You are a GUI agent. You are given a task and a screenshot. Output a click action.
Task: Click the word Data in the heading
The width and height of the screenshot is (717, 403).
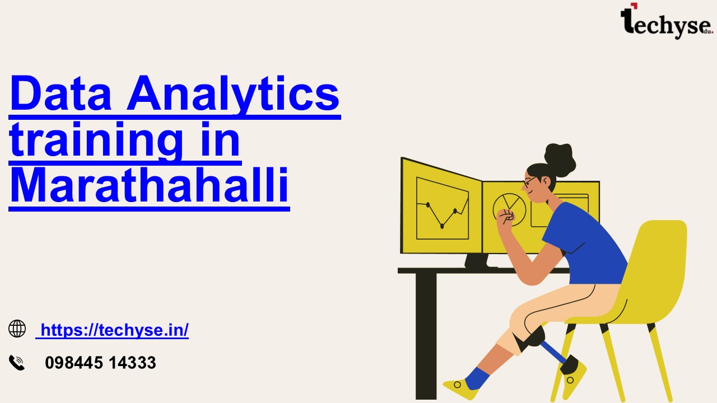click(x=61, y=93)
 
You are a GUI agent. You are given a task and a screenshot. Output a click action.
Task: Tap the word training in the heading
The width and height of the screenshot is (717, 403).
click(x=96, y=140)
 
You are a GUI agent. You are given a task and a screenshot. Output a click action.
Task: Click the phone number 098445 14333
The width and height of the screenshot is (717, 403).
click(x=100, y=363)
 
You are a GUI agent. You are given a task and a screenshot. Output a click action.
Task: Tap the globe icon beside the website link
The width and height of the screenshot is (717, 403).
click(x=17, y=329)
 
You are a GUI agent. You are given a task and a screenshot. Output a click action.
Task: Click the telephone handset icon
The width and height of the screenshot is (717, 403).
click(x=17, y=363)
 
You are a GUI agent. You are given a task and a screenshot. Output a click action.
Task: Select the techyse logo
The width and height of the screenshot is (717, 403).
click(x=667, y=21)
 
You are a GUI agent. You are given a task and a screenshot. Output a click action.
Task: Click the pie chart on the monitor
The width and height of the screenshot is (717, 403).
click(x=509, y=209)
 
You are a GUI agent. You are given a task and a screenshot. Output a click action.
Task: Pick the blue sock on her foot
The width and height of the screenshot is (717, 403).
click(x=477, y=378)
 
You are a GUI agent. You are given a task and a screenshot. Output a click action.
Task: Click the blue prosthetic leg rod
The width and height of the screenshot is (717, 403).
click(x=554, y=353)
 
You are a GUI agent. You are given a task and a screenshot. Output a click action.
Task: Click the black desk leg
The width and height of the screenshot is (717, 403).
click(x=426, y=336)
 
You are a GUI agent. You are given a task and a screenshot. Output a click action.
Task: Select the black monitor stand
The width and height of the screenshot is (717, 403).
click(x=477, y=261)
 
